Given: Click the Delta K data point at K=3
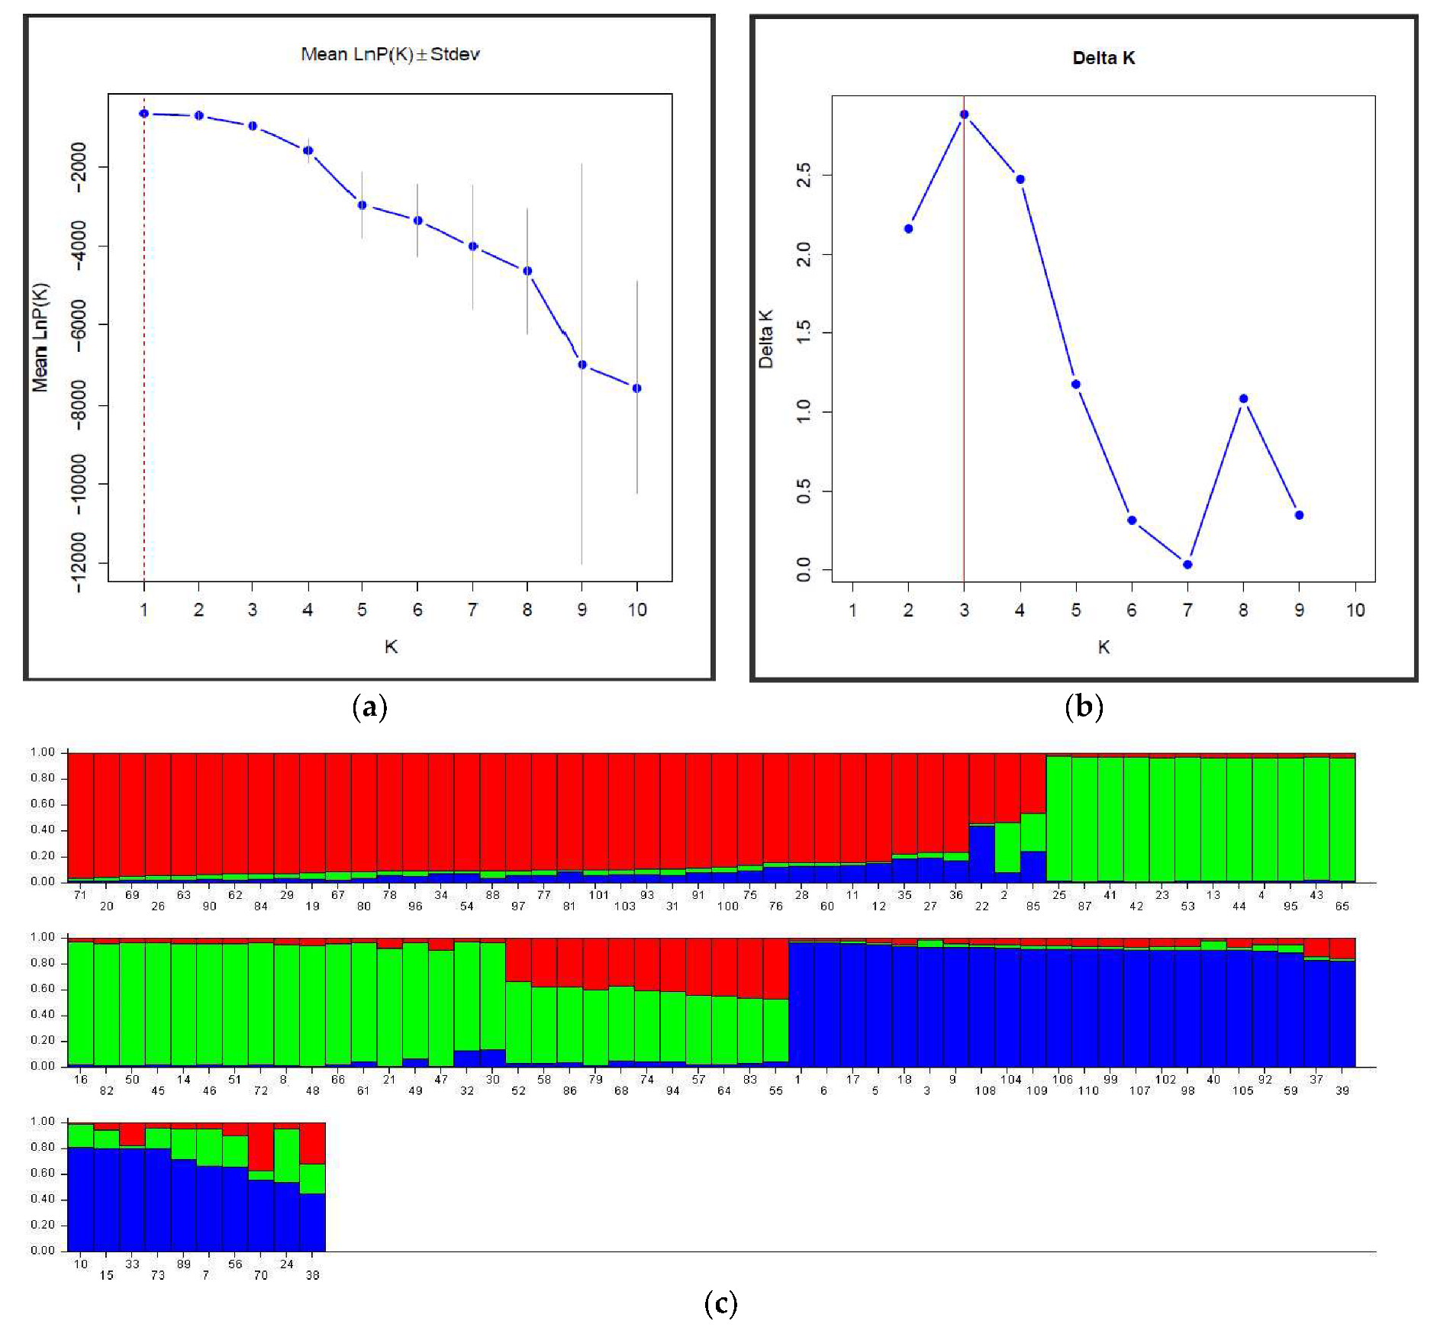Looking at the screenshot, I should click(x=964, y=114).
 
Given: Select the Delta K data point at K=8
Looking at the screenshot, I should click(x=1243, y=398).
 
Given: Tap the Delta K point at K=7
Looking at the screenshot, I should click(x=1187, y=565).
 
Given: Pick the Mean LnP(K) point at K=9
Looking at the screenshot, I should click(x=582, y=365).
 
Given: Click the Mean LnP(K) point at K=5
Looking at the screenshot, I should click(x=362, y=205).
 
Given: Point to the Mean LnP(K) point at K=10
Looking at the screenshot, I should click(x=637, y=388).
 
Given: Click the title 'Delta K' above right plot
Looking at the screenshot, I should click(x=1104, y=58).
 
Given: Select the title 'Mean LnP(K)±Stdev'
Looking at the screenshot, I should click(x=390, y=54).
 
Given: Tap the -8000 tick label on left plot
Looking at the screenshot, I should click(x=79, y=405).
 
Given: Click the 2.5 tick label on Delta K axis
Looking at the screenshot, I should click(x=804, y=176).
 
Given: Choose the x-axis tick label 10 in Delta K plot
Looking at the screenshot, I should click(x=1355, y=610).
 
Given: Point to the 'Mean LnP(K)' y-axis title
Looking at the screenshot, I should click(x=40, y=337).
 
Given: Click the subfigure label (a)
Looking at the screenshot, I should click(x=370, y=707).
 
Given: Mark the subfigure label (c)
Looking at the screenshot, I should click(x=720, y=1303).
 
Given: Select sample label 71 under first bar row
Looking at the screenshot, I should click(x=80, y=895).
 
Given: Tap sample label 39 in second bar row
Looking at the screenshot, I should click(x=1342, y=1090).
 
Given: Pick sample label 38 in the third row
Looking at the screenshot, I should click(x=312, y=1275).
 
